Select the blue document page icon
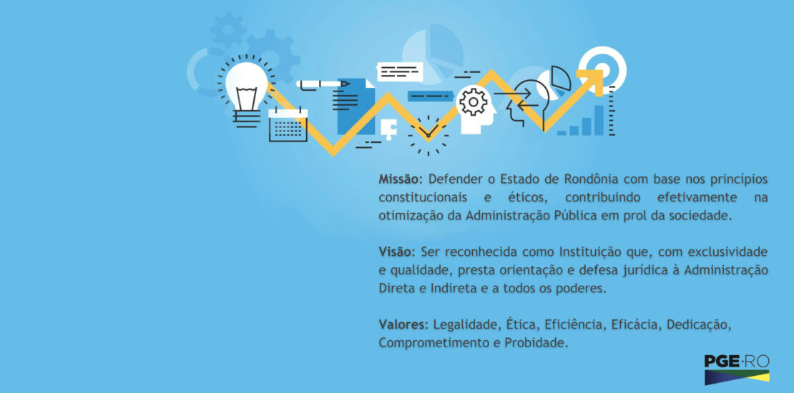tap(356, 106)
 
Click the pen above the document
tap(323, 84)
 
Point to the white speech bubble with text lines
tap(400, 72)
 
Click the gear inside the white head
tap(473, 101)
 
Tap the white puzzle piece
tap(388, 129)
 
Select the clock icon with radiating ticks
tap(428, 135)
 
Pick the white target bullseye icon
tap(602, 69)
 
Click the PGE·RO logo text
tap(737, 362)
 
